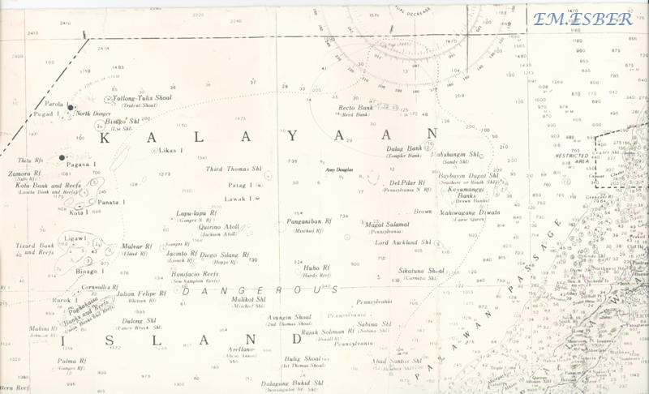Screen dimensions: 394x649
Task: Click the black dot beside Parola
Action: pos(71,107)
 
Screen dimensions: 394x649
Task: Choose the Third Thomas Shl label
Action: pos(225,169)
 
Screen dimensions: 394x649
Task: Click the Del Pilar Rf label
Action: pos(404,182)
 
